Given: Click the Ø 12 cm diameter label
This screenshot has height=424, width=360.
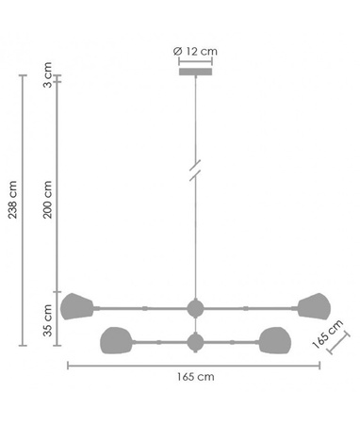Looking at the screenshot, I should coord(195,50).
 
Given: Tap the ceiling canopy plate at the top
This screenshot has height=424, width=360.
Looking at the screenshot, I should coord(195,71).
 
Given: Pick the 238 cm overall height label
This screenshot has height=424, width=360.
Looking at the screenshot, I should coord(12,197).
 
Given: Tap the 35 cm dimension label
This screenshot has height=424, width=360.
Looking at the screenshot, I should coord(48,319).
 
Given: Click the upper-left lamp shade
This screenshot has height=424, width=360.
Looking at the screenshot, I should coord(76,306).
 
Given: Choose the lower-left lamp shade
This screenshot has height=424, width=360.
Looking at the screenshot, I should coord(115,340).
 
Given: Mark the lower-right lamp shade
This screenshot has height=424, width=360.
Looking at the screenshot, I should coord(274,340).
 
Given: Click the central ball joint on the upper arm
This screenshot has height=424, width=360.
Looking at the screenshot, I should coord(195,307).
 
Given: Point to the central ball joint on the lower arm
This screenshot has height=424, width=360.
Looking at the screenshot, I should coord(195,341).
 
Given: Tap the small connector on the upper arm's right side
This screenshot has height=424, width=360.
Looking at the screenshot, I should coord(245,307).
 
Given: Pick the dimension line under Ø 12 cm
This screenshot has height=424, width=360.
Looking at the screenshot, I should coord(195,60).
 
